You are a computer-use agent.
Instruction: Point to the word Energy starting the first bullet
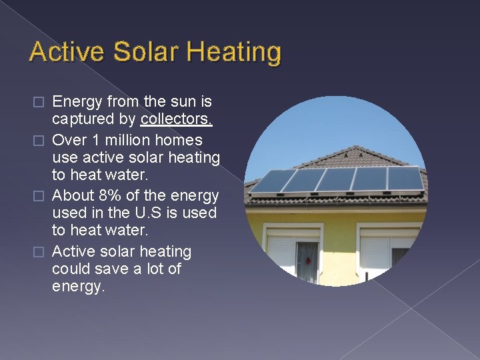[x=75, y=102]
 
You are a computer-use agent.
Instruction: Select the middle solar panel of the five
[x=335, y=179]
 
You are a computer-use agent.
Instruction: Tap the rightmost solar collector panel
[x=405, y=178]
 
